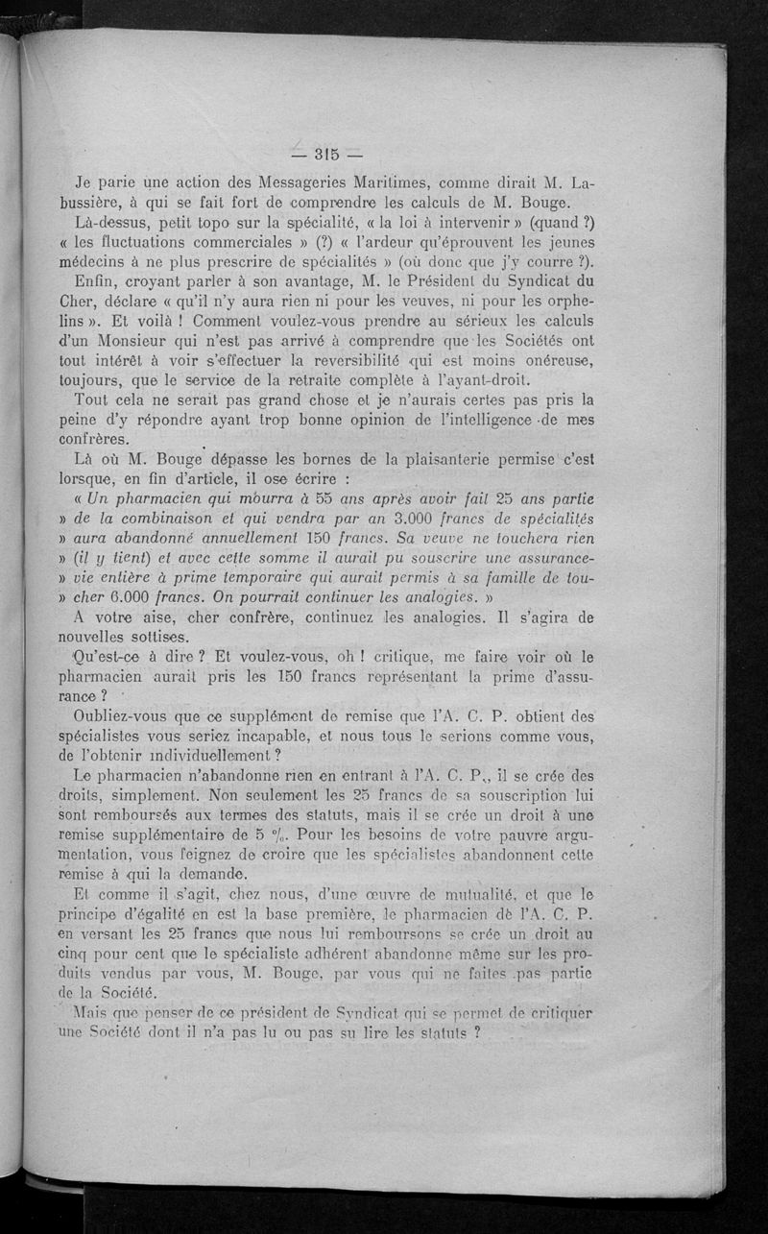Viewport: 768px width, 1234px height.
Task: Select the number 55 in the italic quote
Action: coord(329,499)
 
